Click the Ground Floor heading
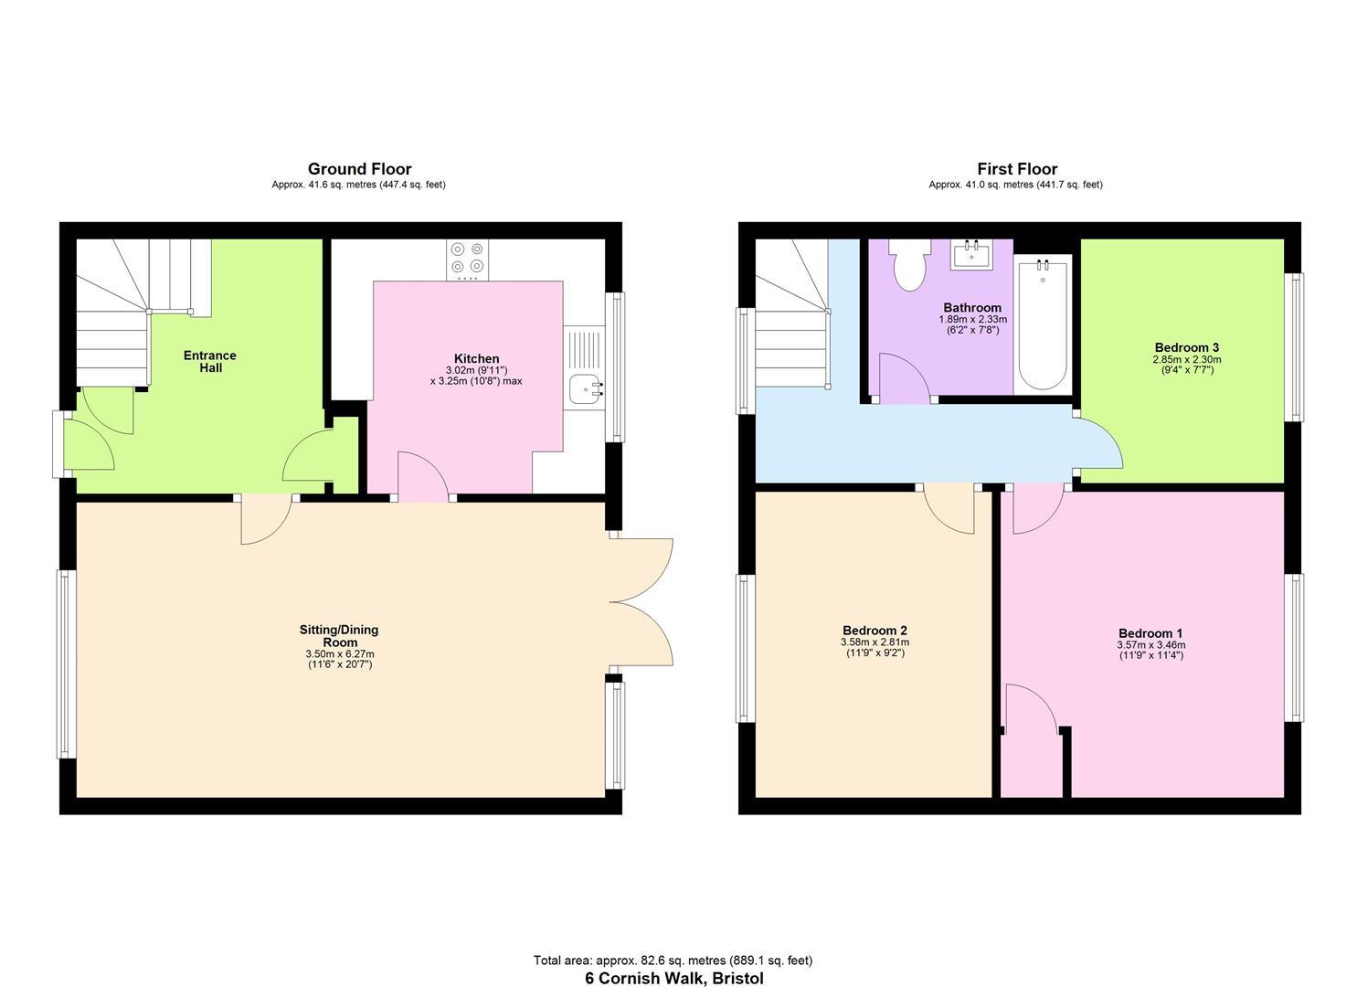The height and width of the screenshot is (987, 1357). (x=359, y=169)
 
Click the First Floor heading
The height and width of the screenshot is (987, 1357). (x=1016, y=169)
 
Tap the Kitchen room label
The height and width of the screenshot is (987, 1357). (x=476, y=359)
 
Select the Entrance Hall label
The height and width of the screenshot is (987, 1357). (x=210, y=361)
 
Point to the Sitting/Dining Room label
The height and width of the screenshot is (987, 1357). (x=339, y=635)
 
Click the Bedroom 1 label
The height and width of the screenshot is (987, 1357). (x=1150, y=633)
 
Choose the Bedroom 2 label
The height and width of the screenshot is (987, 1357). (x=875, y=631)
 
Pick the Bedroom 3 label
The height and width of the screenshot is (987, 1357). (x=1186, y=347)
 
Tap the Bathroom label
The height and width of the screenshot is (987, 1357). (x=972, y=308)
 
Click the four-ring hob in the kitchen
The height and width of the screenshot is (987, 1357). (x=467, y=260)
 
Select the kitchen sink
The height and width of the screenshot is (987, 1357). (x=584, y=388)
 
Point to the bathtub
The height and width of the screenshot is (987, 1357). (x=1043, y=325)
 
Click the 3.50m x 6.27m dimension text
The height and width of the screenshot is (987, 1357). (x=339, y=654)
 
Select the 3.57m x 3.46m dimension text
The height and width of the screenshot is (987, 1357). (x=1150, y=645)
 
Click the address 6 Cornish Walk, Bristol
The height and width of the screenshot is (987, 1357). (x=673, y=978)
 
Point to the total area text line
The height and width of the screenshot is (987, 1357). (x=673, y=960)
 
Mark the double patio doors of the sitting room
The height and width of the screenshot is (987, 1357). (x=641, y=602)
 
